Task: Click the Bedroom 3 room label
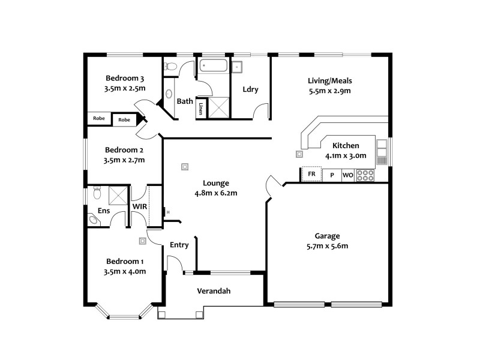(x=125, y=78)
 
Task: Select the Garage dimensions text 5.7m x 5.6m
(x=327, y=246)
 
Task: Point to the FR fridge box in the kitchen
(x=311, y=175)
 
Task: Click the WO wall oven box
(x=348, y=175)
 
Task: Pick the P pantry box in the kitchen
(x=331, y=175)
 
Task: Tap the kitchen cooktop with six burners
(x=365, y=175)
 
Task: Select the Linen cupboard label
(x=200, y=109)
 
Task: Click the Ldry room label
(x=250, y=90)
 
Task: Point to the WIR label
(x=139, y=206)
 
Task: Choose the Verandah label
(x=214, y=292)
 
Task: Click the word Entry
(x=179, y=245)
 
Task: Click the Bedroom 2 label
(x=124, y=150)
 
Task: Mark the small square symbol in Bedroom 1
(x=142, y=241)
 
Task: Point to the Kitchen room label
(x=346, y=145)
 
